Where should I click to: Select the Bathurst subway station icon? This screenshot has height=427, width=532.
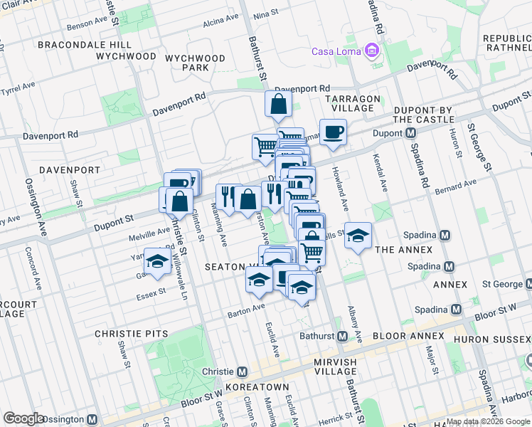pos(341,336)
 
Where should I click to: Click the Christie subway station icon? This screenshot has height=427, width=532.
pos(242,371)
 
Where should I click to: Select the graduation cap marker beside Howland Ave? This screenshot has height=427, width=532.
pos(358,236)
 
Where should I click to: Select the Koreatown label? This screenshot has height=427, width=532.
pos(256,387)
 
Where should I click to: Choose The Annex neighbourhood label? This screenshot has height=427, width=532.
pos(403,250)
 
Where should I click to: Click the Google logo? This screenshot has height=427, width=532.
pos(24,418)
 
